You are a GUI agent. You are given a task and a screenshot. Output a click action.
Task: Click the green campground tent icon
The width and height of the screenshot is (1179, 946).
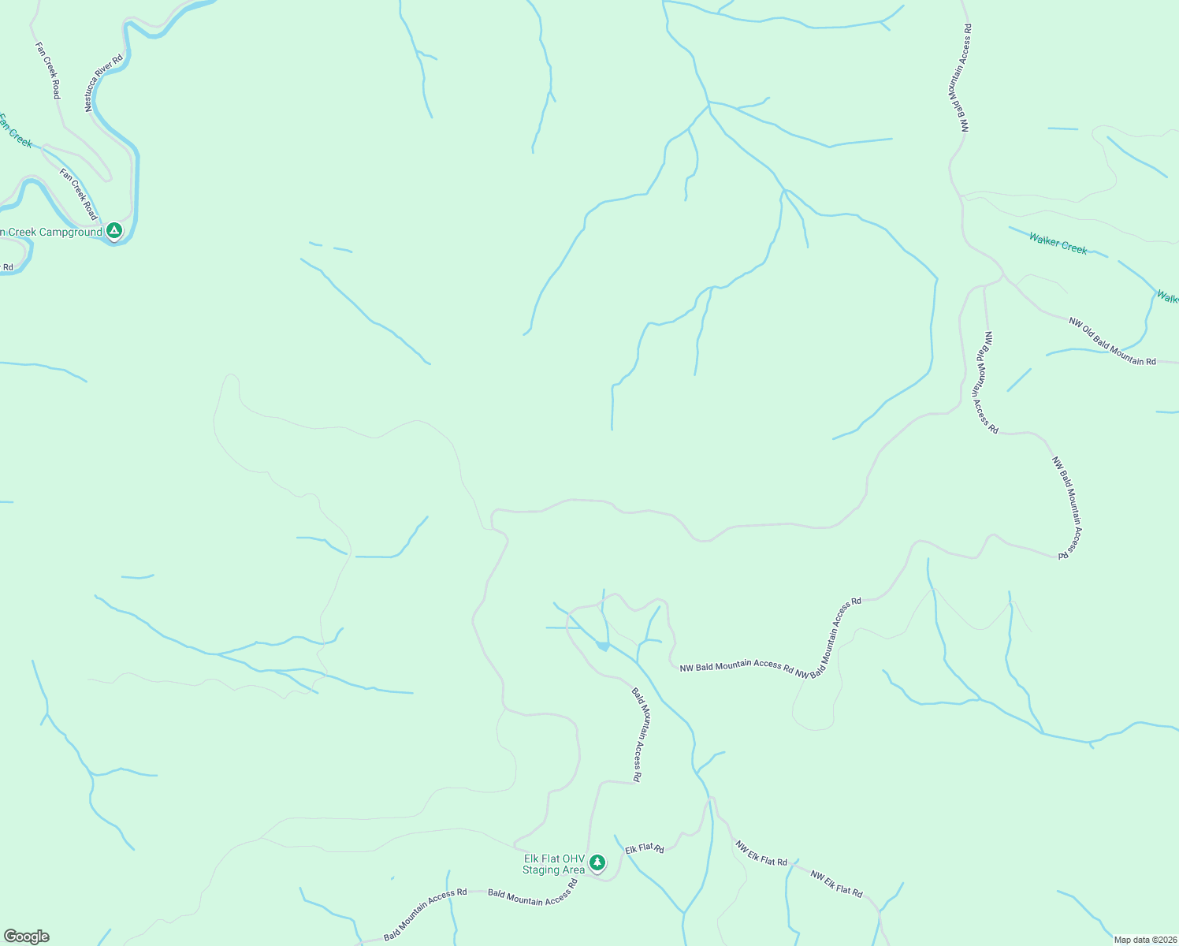pos(114,230)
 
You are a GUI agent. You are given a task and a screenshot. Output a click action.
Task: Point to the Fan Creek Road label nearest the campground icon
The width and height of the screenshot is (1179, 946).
pos(79,194)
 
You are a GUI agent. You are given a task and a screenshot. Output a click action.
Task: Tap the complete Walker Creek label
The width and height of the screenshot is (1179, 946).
pos(1058,244)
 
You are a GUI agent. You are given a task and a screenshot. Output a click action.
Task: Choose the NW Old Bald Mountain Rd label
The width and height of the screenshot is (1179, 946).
pos(1112,341)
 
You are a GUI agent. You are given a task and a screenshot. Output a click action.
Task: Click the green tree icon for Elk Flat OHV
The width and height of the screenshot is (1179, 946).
pos(597,863)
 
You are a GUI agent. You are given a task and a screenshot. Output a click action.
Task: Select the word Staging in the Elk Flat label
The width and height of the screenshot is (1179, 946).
pos(542,870)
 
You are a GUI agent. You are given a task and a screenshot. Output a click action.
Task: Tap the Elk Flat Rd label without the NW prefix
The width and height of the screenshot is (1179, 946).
pos(645,849)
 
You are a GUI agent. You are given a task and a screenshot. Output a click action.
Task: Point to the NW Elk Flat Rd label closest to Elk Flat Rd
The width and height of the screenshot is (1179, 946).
pos(761,853)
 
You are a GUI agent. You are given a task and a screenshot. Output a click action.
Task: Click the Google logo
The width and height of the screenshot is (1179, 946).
pos(26,937)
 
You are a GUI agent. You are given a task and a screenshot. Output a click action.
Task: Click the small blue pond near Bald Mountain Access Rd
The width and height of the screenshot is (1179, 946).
pos(603,646)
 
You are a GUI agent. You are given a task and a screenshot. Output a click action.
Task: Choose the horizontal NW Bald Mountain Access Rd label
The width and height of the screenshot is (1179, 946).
pos(736,666)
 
